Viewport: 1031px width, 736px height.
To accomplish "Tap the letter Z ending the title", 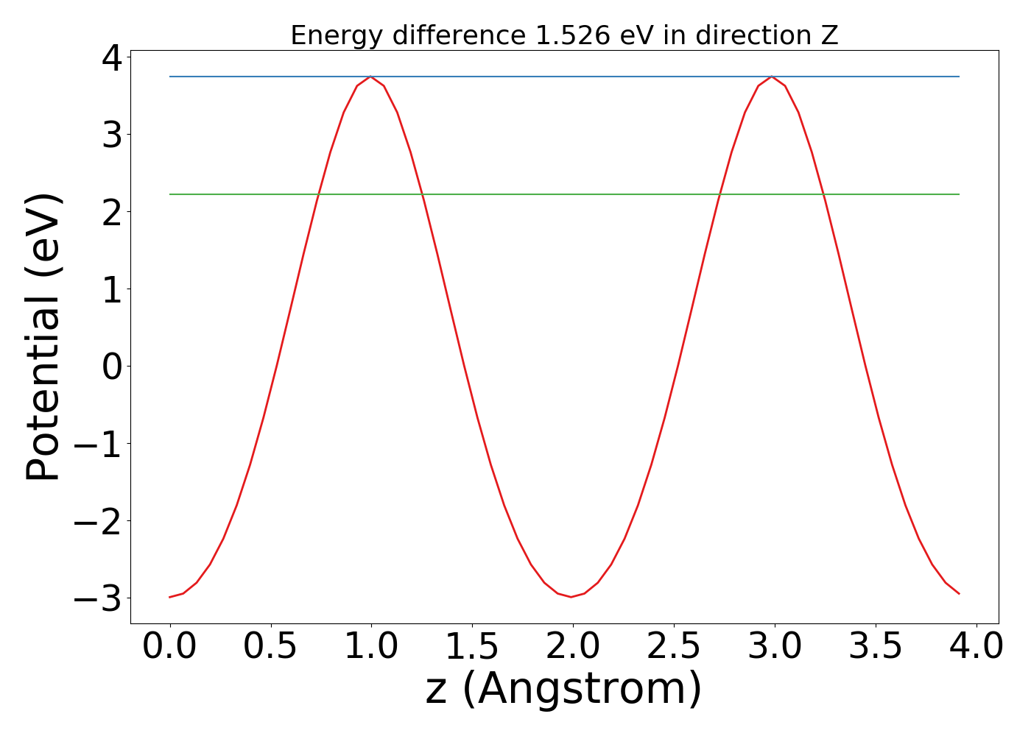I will [830, 35].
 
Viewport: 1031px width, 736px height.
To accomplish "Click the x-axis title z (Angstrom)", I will [564, 688].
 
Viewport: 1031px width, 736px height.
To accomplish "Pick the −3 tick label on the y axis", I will [97, 598].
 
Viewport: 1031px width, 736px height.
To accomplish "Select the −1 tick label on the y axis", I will [97, 443].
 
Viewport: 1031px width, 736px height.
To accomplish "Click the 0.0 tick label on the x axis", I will [170, 646].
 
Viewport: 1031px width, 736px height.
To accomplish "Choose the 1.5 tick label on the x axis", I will [472, 646].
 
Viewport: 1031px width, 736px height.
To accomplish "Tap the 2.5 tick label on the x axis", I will [674, 646].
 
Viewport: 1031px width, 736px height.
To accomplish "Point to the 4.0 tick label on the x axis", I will [976, 646].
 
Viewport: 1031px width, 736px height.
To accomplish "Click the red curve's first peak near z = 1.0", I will [370, 77].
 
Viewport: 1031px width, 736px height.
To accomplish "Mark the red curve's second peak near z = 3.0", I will [771, 77].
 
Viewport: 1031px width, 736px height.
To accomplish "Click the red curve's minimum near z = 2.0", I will [571, 597].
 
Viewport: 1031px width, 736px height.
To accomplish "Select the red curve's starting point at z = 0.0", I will [170, 597].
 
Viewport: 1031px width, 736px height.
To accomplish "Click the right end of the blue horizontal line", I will [959, 77].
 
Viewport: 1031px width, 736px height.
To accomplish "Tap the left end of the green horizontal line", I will [170, 194].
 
